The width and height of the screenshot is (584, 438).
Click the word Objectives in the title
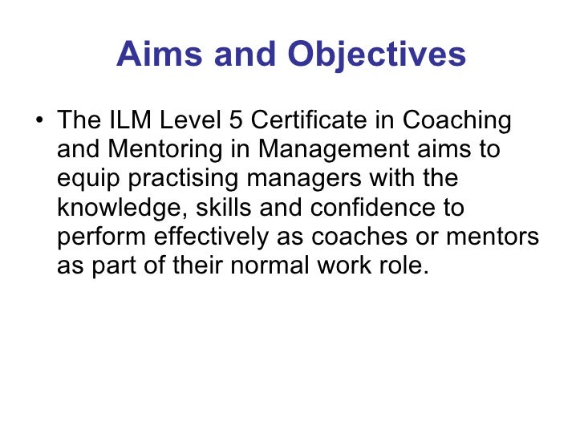[377, 55]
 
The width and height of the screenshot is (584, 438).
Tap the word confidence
[363, 209]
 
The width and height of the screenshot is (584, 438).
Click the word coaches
[375, 237]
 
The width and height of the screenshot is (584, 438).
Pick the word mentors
[500, 237]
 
